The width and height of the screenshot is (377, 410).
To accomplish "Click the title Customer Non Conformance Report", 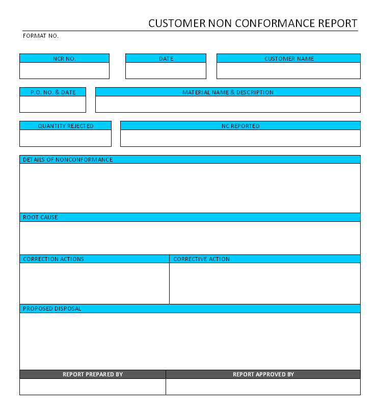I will click(253, 23).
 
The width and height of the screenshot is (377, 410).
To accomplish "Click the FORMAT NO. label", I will click(41, 36).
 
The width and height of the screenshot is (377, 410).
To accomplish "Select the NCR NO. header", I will click(64, 59).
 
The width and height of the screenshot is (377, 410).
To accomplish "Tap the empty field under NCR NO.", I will click(64, 70).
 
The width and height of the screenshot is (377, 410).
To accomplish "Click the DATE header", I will click(166, 59).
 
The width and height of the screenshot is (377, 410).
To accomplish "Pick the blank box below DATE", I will click(166, 70).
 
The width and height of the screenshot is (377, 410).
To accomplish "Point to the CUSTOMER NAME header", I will click(289, 59).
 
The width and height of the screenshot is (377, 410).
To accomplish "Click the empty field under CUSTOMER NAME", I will click(289, 70).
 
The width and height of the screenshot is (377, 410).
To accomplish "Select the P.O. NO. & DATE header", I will click(53, 92).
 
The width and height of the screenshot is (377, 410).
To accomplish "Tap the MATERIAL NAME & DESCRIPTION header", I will click(228, 92).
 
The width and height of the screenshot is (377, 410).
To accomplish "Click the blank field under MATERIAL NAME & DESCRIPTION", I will click(228, 104).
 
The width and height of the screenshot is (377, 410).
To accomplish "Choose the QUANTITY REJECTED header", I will click(65, 126).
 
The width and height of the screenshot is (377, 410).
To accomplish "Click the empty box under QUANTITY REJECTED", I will click(65, 138).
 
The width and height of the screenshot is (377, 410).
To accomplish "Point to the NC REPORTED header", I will click(240, 126).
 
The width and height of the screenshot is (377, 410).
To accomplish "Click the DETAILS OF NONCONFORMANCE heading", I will click(68, 160).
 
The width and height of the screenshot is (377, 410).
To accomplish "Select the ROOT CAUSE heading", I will click(40, 217).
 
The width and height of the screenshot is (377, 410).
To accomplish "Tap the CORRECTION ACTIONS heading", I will click(53, 259).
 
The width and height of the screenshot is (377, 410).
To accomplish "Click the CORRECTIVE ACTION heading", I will click(201, 259).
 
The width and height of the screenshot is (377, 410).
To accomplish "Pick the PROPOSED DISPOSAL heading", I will click(52, 309).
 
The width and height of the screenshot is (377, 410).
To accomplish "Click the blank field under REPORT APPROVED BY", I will click(263, 387).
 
